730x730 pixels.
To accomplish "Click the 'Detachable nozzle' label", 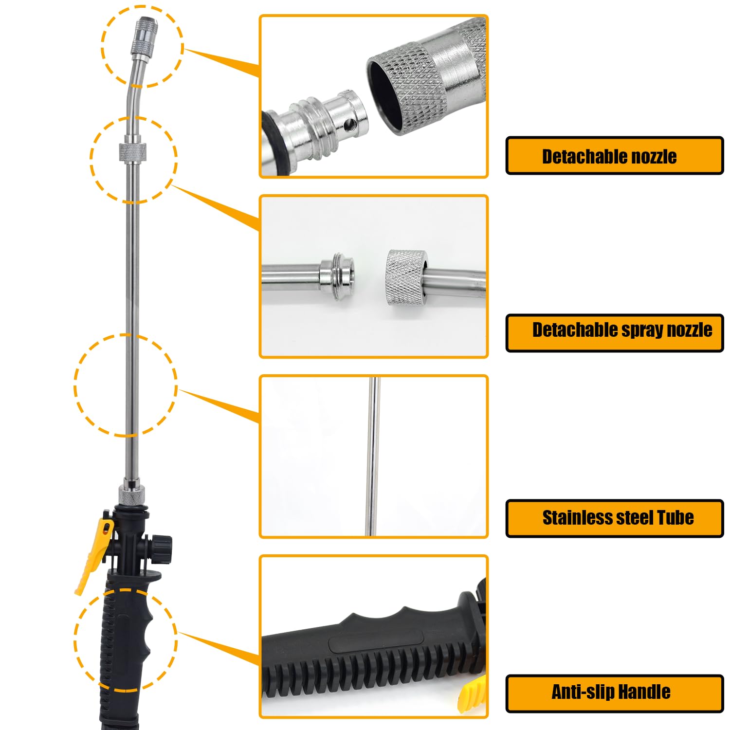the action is [609, 157].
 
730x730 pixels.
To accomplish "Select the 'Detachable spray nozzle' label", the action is [622, 330].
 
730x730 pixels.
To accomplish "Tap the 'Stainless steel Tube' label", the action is [618, 518].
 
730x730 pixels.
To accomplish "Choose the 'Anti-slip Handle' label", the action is [611, 692].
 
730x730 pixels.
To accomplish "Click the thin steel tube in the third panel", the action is [372, 456].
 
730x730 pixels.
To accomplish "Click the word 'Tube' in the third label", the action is [675, 518].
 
